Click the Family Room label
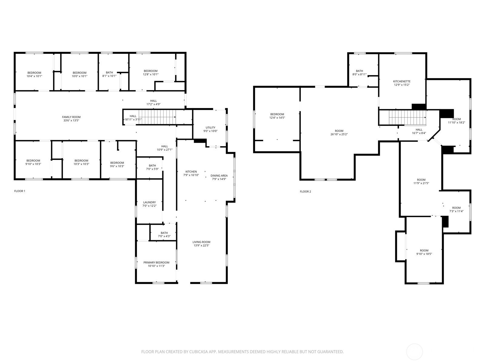[x=71, y=117]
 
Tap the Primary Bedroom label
[x=156, y=263]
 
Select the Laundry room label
[x=149, y=202]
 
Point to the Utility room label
[x=210, y=127]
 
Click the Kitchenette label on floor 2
[x=402, y=81]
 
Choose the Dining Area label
[x=219, y=176]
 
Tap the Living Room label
[x=201, y=242]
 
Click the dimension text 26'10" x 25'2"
[x=339, y=134]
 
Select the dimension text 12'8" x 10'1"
[x=150, y=74]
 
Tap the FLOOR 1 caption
[x=20, y=191]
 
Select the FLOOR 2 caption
[x=305, y=191]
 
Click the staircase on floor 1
[x=157, y=117]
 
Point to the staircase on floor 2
[x=407, y=117]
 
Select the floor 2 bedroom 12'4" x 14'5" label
[x=277, y=116]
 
